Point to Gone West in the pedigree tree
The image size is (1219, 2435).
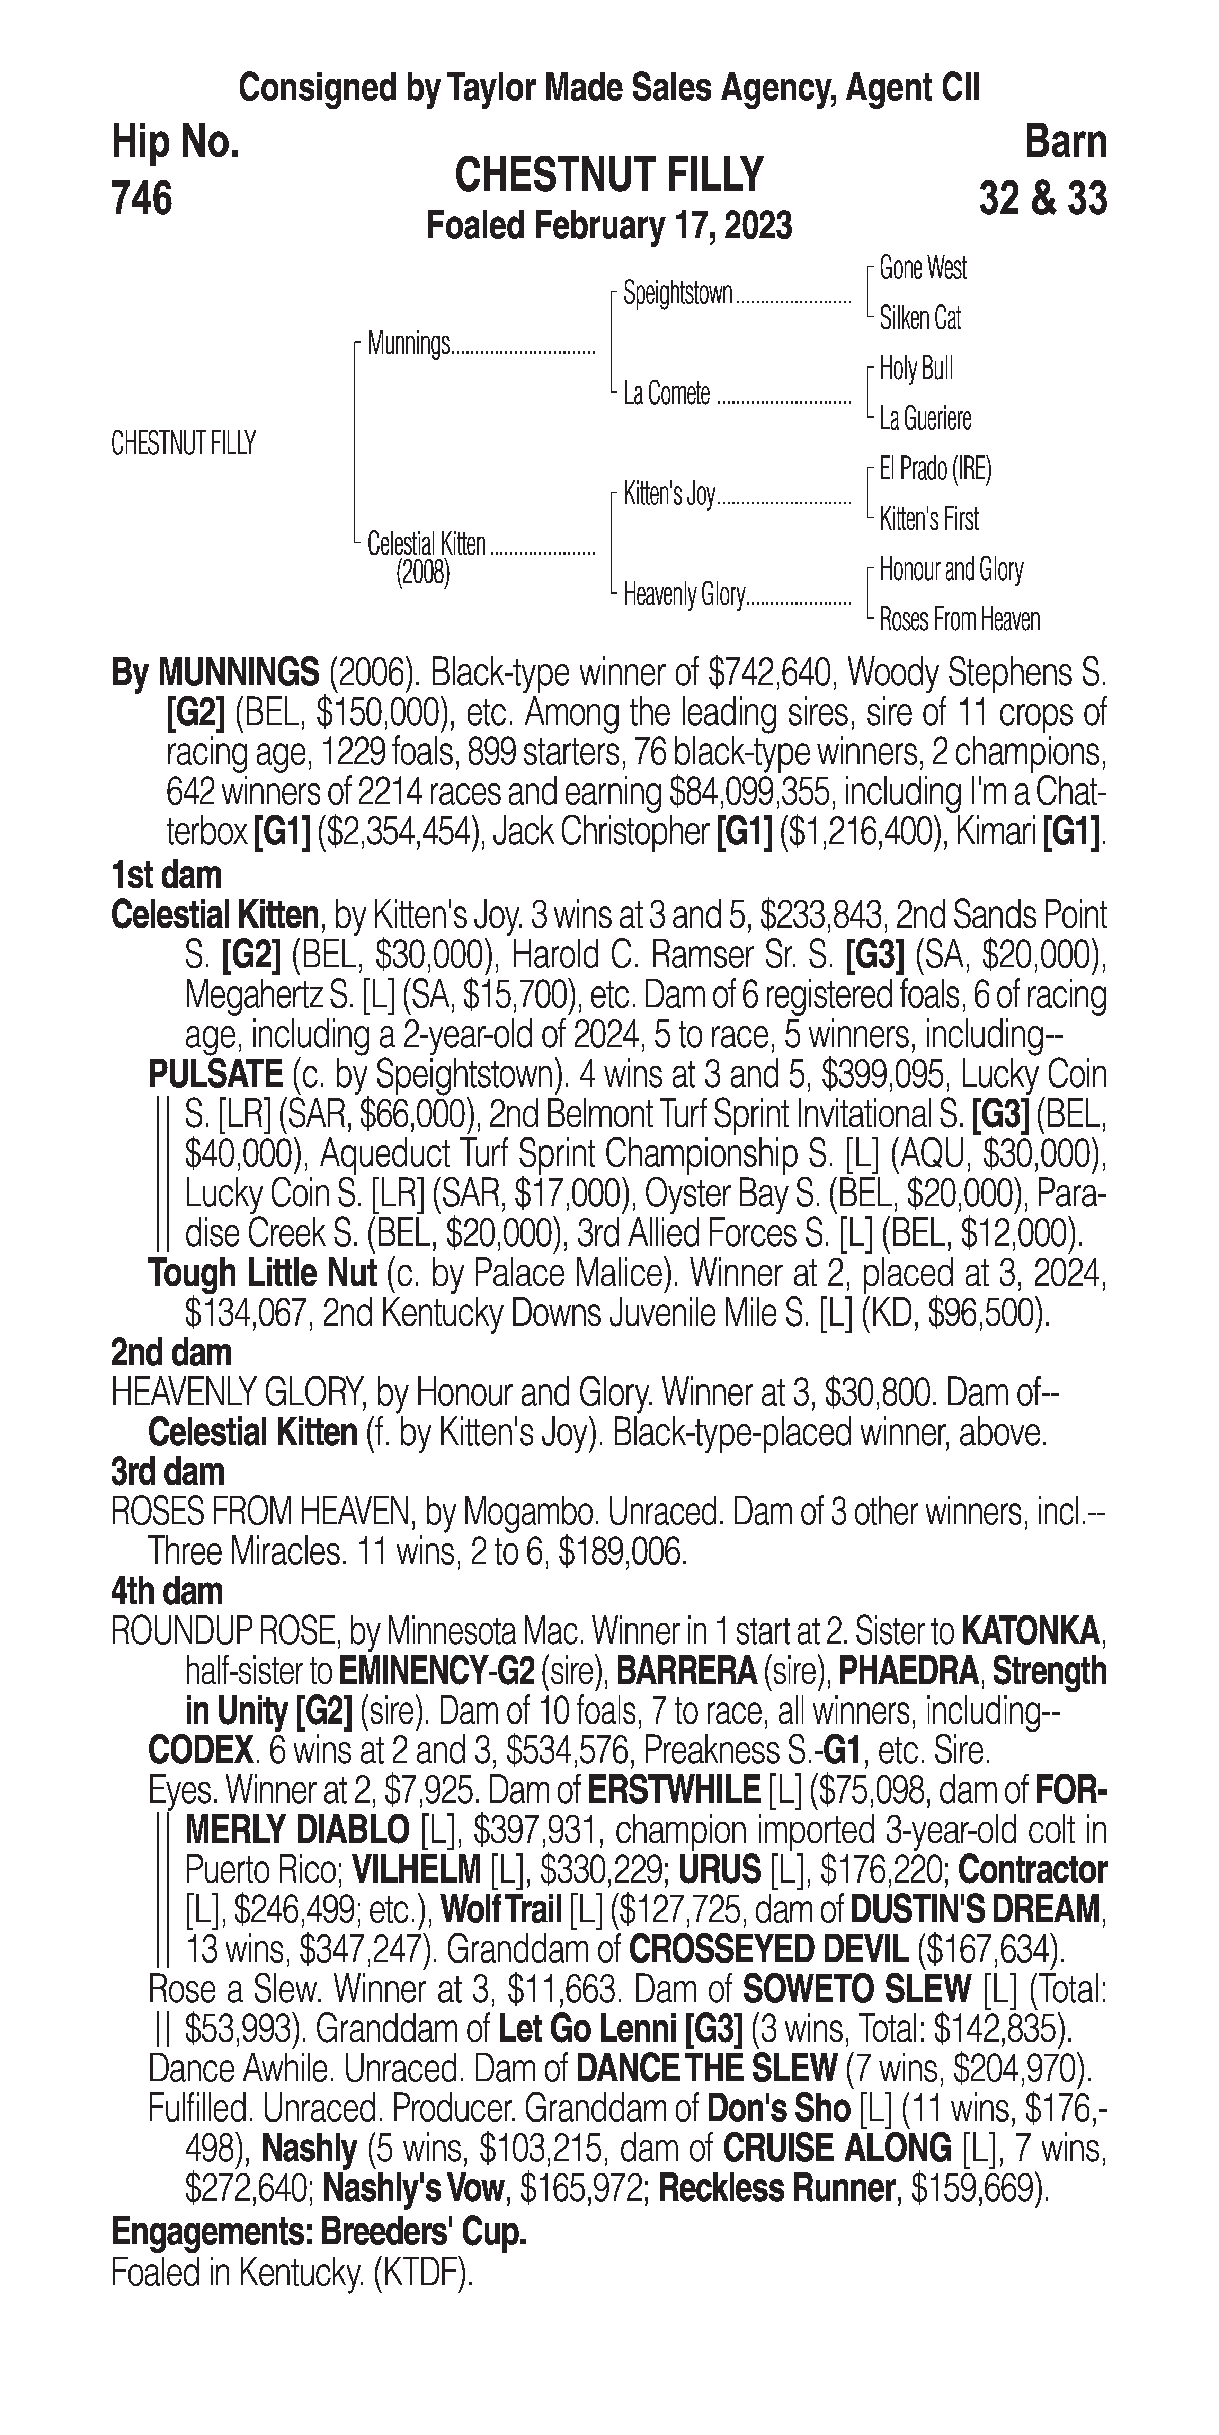pos(922,268)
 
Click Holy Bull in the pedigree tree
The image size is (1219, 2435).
pos(916,369)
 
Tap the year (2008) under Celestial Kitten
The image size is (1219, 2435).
pos(422,573)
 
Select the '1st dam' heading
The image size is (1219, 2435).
pos(166,875)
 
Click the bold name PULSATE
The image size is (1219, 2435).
pos(215,1074)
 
